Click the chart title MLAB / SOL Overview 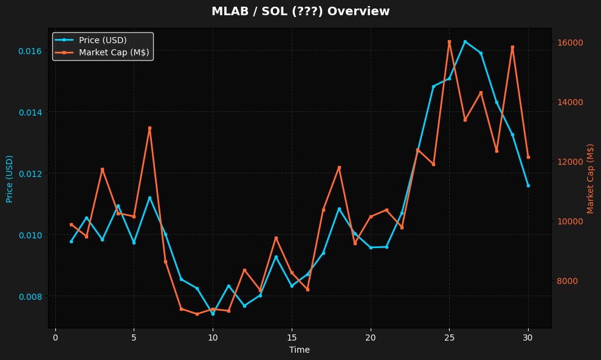click(300, 12)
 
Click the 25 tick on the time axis click(449, 337)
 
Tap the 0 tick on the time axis click(55, 337)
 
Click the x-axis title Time click(300, 350)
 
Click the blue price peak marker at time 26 click(465, 41)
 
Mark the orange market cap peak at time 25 click(449, 41)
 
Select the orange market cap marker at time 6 click(149, 128)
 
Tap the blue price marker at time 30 click(528, 185)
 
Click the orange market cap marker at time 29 click(512, 47)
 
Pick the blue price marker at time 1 click(71, 241)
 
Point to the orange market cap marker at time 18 click(339, 167)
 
